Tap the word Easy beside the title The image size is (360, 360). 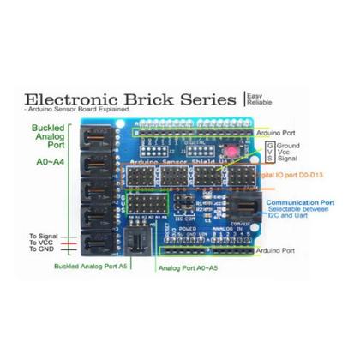pyautogui.click(x=255, y=96)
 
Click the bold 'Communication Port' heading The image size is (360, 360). pyautogui.click(x=297, y=202)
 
